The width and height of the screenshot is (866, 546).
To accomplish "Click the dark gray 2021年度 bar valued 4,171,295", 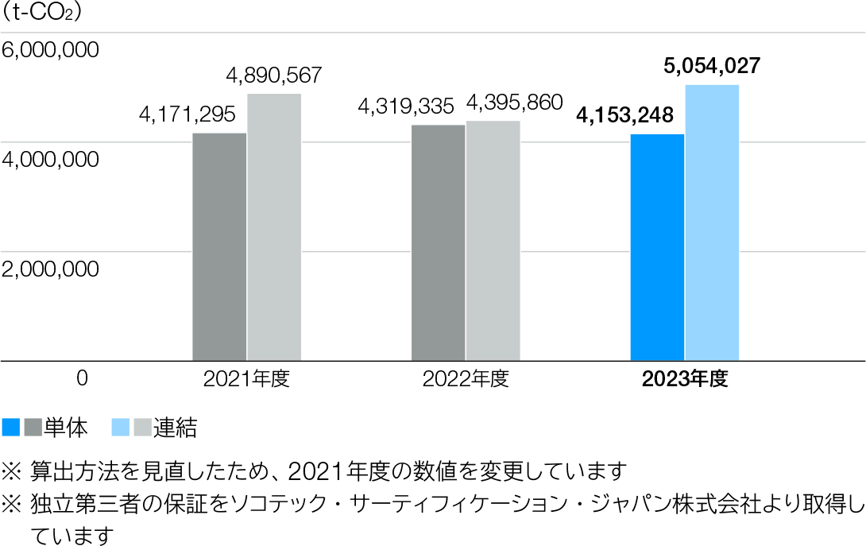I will point(219,246).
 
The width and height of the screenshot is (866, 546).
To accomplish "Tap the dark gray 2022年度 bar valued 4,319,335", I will point(439,242).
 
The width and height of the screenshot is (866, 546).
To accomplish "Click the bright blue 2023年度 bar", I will point(657,247).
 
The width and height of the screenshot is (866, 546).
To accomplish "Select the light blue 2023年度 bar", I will point(712,223).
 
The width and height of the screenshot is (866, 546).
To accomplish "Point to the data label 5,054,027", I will point(712,66).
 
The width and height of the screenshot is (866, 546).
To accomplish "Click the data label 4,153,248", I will point(625,116).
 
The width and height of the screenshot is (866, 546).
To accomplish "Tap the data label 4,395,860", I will point(514,103).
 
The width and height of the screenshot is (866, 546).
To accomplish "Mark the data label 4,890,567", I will point(274,76).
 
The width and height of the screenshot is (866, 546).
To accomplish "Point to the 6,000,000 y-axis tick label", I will point(51,50).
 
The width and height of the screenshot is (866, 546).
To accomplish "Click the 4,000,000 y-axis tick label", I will point(51,160).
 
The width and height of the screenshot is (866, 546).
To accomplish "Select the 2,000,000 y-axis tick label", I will point(51,269).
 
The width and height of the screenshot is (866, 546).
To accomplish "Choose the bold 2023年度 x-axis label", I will point(685,379).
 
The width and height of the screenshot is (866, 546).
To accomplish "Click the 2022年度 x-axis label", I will point(466,379).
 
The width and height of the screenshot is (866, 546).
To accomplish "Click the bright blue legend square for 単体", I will point(11,428).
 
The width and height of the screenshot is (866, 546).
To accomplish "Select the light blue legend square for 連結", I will point(121,428).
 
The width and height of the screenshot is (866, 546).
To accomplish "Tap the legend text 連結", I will point(175,428).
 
